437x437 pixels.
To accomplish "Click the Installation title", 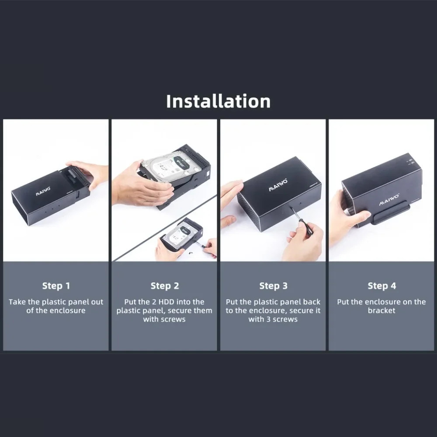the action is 218,101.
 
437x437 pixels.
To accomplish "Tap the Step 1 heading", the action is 56,286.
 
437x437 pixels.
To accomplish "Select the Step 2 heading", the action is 165,286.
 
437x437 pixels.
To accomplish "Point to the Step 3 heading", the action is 273,286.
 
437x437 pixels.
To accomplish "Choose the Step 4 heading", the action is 382,286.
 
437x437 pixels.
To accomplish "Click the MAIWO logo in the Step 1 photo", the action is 43,191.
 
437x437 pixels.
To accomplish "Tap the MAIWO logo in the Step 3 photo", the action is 278,185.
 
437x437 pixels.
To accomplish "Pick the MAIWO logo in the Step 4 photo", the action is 388,200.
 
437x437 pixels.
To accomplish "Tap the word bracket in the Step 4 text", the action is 382,310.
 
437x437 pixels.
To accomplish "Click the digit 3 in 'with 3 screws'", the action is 268,319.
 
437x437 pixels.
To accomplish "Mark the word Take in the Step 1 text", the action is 17,302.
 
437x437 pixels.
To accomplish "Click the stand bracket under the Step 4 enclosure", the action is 392,214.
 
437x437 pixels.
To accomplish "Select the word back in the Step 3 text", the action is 311,302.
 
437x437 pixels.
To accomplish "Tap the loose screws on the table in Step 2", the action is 191,253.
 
